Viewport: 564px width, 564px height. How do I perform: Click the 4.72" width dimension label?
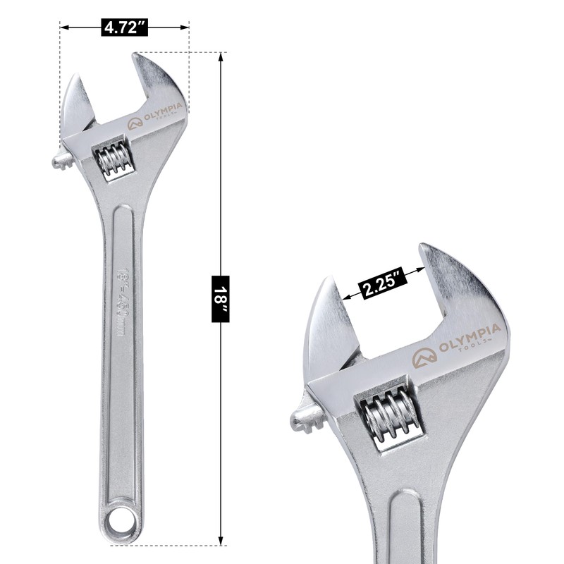point(125,27)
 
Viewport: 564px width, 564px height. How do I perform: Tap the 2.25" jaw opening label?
point(384,285)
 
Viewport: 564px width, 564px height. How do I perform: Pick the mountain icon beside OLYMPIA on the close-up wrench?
point(424,357)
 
